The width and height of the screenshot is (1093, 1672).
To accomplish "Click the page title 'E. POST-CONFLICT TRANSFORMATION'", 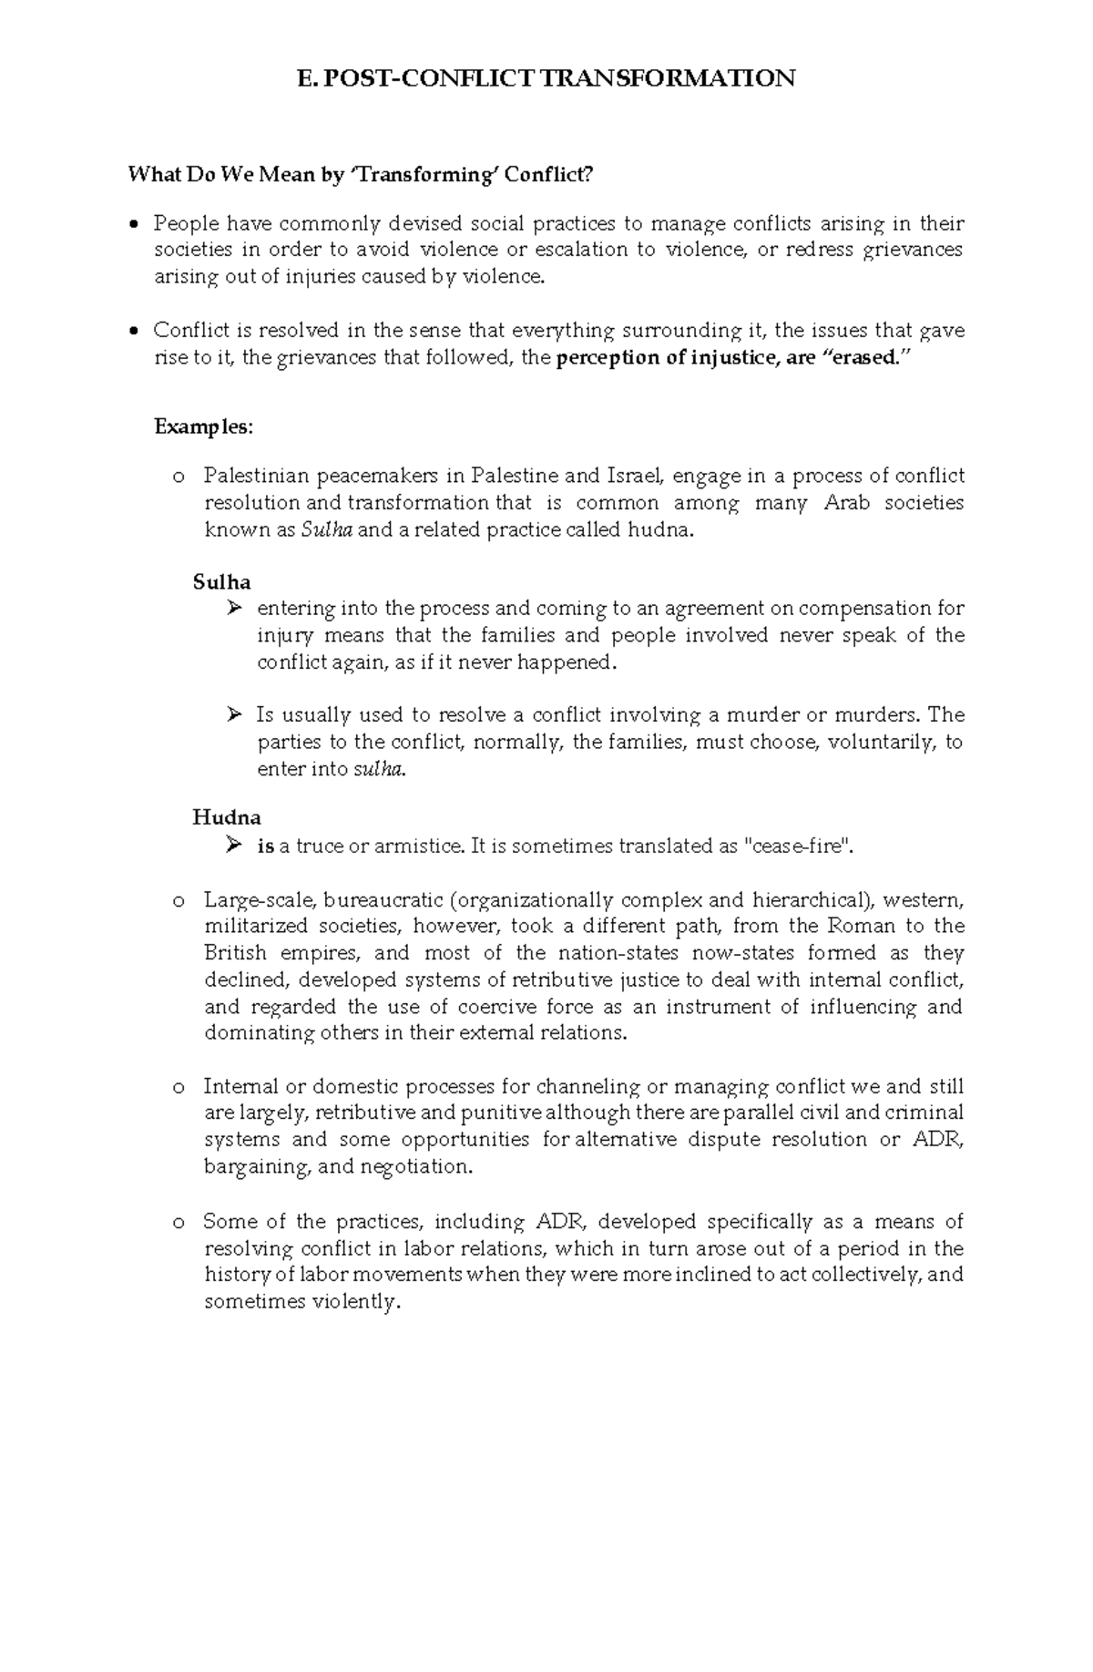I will pos(546,78).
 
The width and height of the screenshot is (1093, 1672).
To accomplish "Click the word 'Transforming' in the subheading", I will pos(426,174).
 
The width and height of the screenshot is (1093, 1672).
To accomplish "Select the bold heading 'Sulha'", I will pos(221,581).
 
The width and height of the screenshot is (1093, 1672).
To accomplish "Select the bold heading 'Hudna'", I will pos(227,817).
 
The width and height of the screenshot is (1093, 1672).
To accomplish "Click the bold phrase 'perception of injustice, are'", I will pos(685,357).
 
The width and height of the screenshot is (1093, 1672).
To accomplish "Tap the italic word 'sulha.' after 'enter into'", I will pos(379,769).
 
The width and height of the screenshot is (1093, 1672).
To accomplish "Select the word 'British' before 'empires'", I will pos(235,953).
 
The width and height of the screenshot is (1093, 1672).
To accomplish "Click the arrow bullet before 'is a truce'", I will pos(233,846).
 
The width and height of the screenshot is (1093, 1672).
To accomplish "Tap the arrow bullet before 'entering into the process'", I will pos(233,608).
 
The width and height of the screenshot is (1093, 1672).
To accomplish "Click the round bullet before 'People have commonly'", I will pos(135,224).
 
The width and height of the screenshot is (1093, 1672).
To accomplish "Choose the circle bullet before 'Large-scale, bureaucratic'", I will pos(178,901).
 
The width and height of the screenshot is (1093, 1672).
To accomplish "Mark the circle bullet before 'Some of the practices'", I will pos(178,1223).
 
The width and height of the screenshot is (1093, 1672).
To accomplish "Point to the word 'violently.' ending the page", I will pos(356,1302).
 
